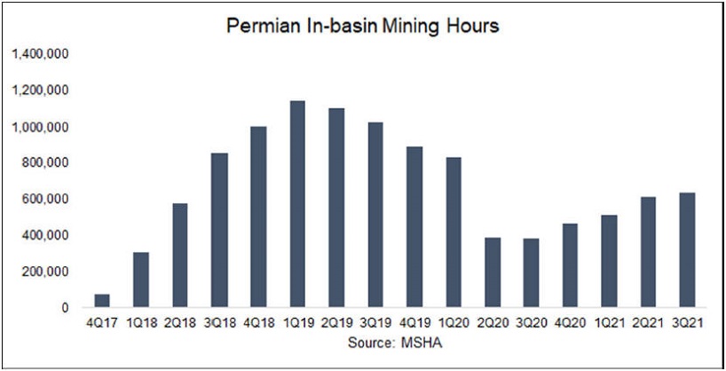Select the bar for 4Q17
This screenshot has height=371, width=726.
pyautogui.click(x=103, y=301)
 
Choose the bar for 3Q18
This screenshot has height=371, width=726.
pyautogui.click(x=219, y=231)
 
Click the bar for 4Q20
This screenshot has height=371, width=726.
pyautogui.click(x=570, y=265)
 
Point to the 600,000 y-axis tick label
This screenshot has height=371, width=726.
pyautogui.click(x=45, y=200)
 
